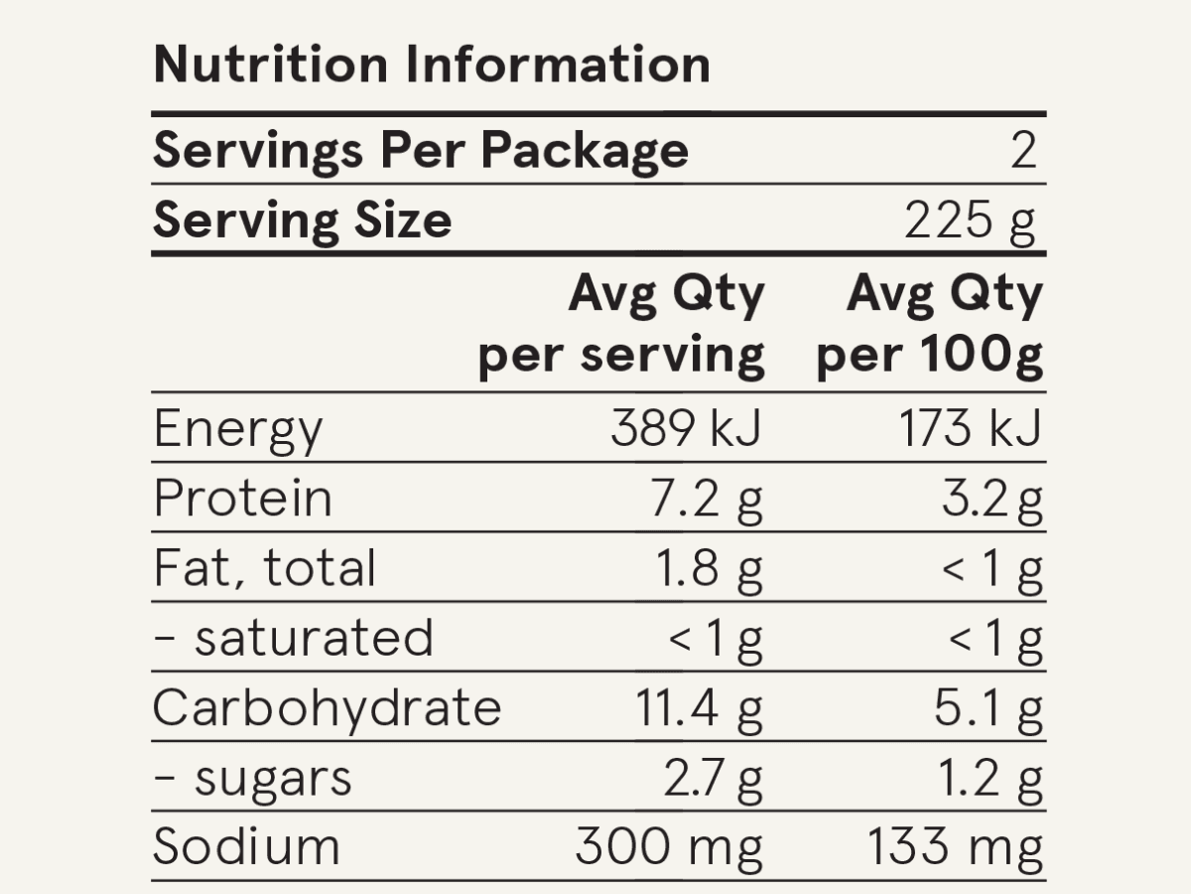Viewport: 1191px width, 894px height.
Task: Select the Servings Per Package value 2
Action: [x=1024, y=150]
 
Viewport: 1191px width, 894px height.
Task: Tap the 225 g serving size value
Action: [x=970, y=223]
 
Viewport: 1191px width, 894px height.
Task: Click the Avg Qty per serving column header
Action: [x=622, y=326]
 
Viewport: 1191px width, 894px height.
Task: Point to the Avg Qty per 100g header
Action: [x=929, y=326]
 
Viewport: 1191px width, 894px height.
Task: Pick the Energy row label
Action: [x=238, y=431]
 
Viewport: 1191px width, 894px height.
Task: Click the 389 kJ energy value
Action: [x=687, y=428]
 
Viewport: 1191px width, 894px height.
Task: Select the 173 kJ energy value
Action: [x=971, y=428]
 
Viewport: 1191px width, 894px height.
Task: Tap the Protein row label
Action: [x=242, y=498]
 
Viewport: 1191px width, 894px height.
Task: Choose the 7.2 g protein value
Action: [x=706, y=501]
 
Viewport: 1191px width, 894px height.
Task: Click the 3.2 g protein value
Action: [x=992, y=501]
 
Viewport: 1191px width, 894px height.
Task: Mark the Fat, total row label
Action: [x=265, y=568]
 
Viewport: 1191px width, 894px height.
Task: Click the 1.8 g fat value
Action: [x=710, y=571]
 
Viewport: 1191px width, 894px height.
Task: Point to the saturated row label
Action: [x=294, y=638]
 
